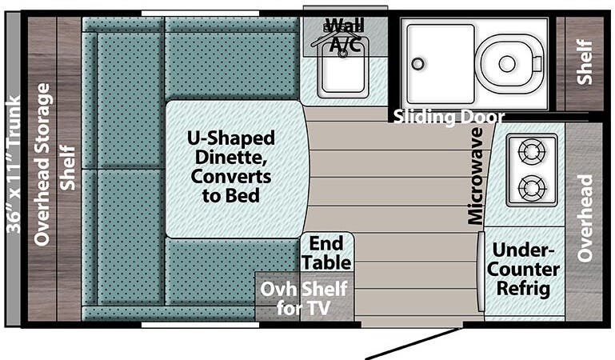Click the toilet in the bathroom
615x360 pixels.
(x=507, y=62)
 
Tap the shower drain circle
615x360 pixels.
(x=416, y=63)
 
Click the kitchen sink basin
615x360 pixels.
(x=343, y=73)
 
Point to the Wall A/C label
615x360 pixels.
(x=345, y=33)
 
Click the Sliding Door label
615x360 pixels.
(x=449, y=117)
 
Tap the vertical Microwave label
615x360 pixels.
(x=476, y=175)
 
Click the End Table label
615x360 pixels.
(x=326, y=252)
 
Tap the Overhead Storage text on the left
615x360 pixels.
(x=42, y=164)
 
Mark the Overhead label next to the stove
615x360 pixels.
(x=585, y=218)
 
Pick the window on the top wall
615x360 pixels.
(x=200, y=13)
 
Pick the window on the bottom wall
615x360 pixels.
(x=200, y=324)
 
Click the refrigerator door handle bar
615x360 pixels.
(x=481, y=272)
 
